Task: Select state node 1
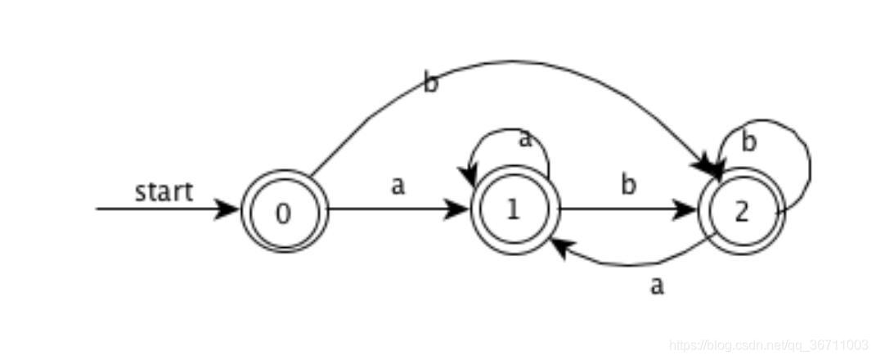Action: tap(514, 210)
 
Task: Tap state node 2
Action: tap(741, 211)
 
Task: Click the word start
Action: tap(164, 191)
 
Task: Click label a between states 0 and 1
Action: tap(398, 186)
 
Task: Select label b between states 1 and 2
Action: tap(627, 185)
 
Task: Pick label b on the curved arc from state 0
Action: tap(430, 83)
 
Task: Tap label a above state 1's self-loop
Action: tap(525, 138)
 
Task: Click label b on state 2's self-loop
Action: tap(748, 142)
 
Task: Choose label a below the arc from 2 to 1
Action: tap(656, 286)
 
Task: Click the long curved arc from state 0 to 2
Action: tap(523, 62)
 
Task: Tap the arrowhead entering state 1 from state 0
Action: tap(458, 209)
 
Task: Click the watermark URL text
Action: tap(768, 345)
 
